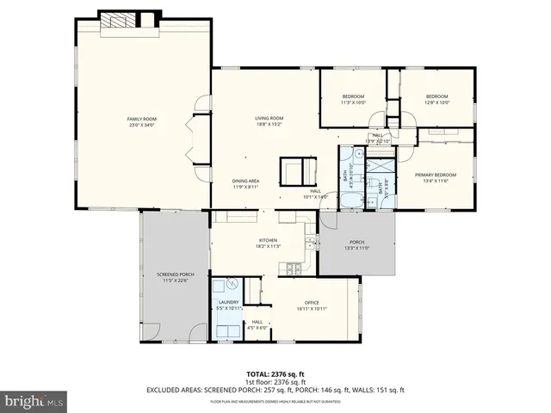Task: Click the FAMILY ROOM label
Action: [142, 119]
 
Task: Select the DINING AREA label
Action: [245, 181]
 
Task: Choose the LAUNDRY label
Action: [228, 301]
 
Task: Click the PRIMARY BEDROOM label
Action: [437, 174]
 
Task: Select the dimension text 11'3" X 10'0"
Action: [353, 102]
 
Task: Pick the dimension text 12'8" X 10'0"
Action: [436, 102]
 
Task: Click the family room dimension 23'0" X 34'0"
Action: [142, 126]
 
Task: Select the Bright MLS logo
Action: [34, 402]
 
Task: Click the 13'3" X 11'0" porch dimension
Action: [356, 248]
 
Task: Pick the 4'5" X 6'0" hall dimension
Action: [257, 327]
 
